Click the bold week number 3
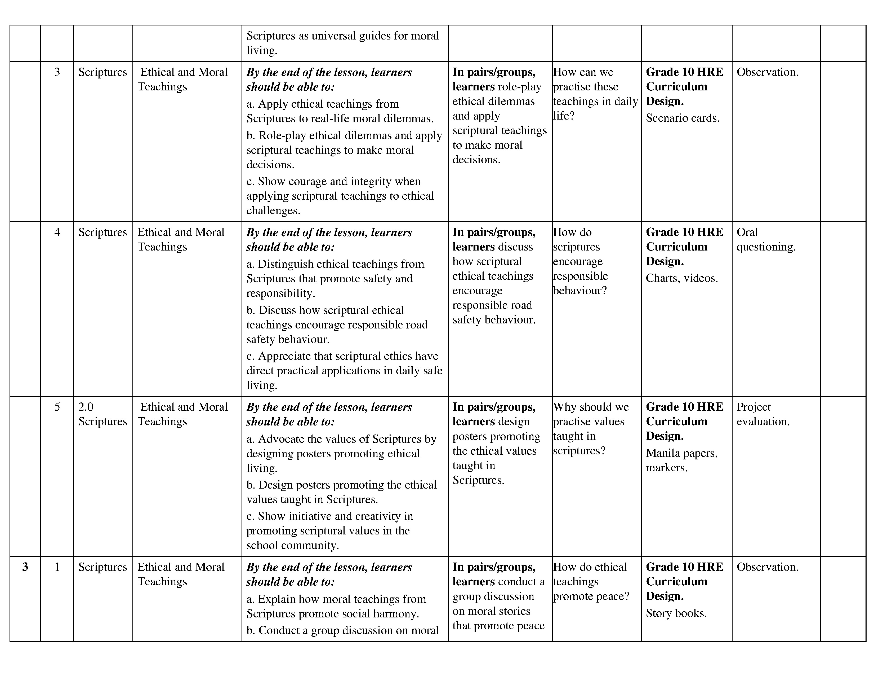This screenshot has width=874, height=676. click(25, 567)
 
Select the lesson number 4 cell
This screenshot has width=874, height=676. click(57, 232)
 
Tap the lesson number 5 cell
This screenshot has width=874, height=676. click(57, 407)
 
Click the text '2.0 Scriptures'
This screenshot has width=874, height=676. click(102, 414)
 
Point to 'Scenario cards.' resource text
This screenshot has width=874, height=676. click(682, 118)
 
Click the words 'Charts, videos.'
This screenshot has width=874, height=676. click(681, 278)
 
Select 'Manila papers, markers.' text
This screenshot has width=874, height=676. click(681, 460)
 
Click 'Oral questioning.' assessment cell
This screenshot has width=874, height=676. click(766, 239)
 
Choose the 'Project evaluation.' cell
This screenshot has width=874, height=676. click(763, 414)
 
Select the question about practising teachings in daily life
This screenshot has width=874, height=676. click(595, 94)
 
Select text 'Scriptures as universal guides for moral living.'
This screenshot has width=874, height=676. click(342, 43)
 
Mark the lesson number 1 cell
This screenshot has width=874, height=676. click(57, 567)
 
